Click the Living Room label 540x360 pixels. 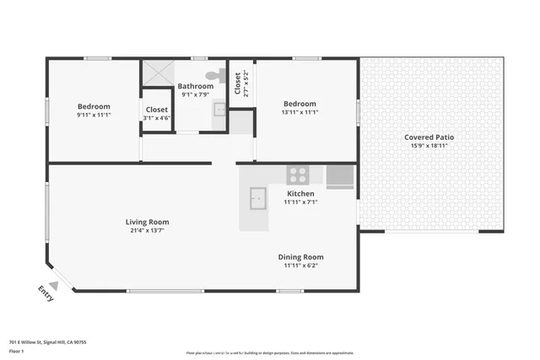point(148,222)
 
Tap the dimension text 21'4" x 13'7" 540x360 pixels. point(148,230)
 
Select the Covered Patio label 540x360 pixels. point(430,137)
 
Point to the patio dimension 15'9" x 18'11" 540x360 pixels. point(430,145)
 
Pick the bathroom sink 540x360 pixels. point(219,109)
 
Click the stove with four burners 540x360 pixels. point(297,175)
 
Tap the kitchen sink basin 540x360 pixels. point(257,199)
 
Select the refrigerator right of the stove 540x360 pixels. point(340,175)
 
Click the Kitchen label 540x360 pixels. point(300,193)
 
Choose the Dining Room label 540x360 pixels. point(300,257)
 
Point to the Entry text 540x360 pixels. point(46,293)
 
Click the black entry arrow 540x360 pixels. point(52,284)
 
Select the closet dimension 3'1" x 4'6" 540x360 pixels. point(157,119)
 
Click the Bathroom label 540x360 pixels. point(195,86)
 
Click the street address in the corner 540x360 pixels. point(48,342)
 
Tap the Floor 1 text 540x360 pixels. point(15,351)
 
